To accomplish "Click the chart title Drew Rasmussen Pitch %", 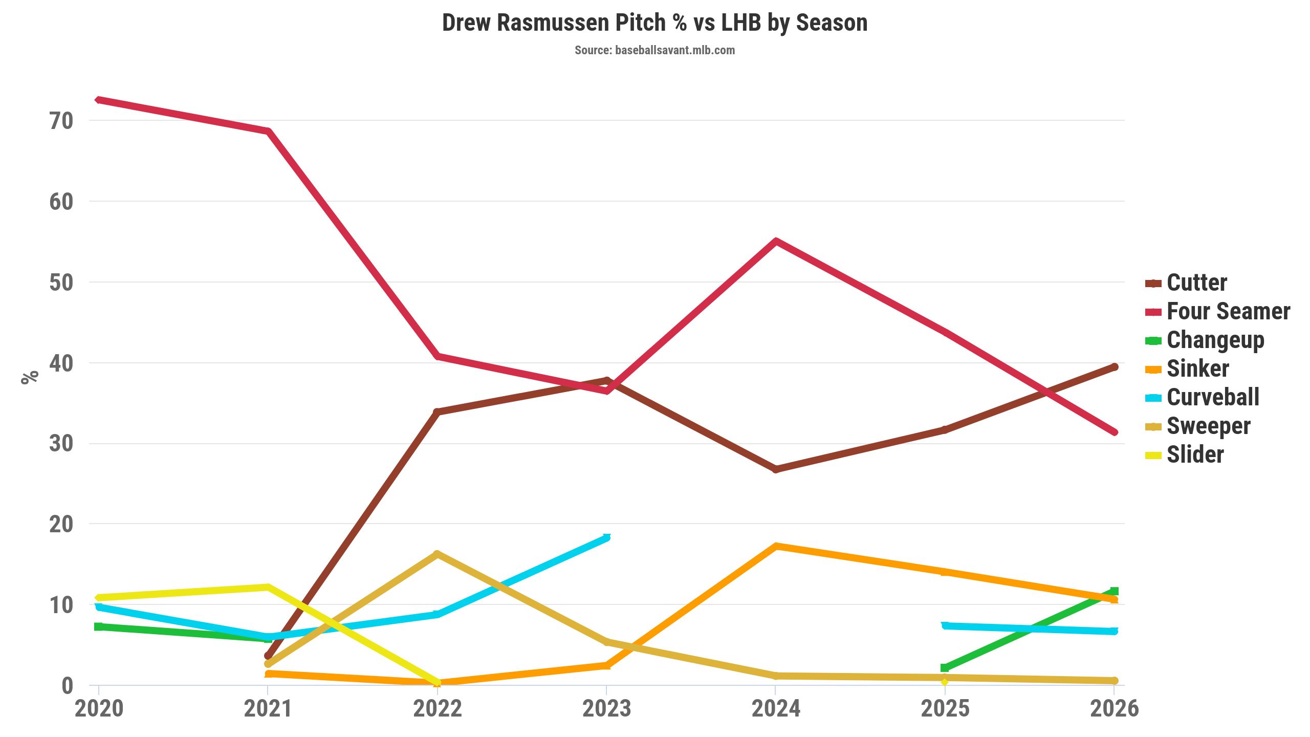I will (654, 23).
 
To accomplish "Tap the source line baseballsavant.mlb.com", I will (654, 50).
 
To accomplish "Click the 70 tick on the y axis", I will (61, 121).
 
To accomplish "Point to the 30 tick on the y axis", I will (61, 443).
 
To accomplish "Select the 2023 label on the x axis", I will (606, 709).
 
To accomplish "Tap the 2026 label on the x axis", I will (1114, 709).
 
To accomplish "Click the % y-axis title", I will (30, 377).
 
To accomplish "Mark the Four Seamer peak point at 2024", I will (776, 241).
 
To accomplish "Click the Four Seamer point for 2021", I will (268, 132).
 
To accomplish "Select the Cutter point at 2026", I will (1114, 367).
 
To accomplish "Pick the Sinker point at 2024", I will (776, 546).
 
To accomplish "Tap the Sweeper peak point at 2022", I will (437, 554).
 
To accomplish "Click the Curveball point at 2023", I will (606, 537).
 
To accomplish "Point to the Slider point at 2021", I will (268, 587).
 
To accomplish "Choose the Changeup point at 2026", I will (1114, 591).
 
